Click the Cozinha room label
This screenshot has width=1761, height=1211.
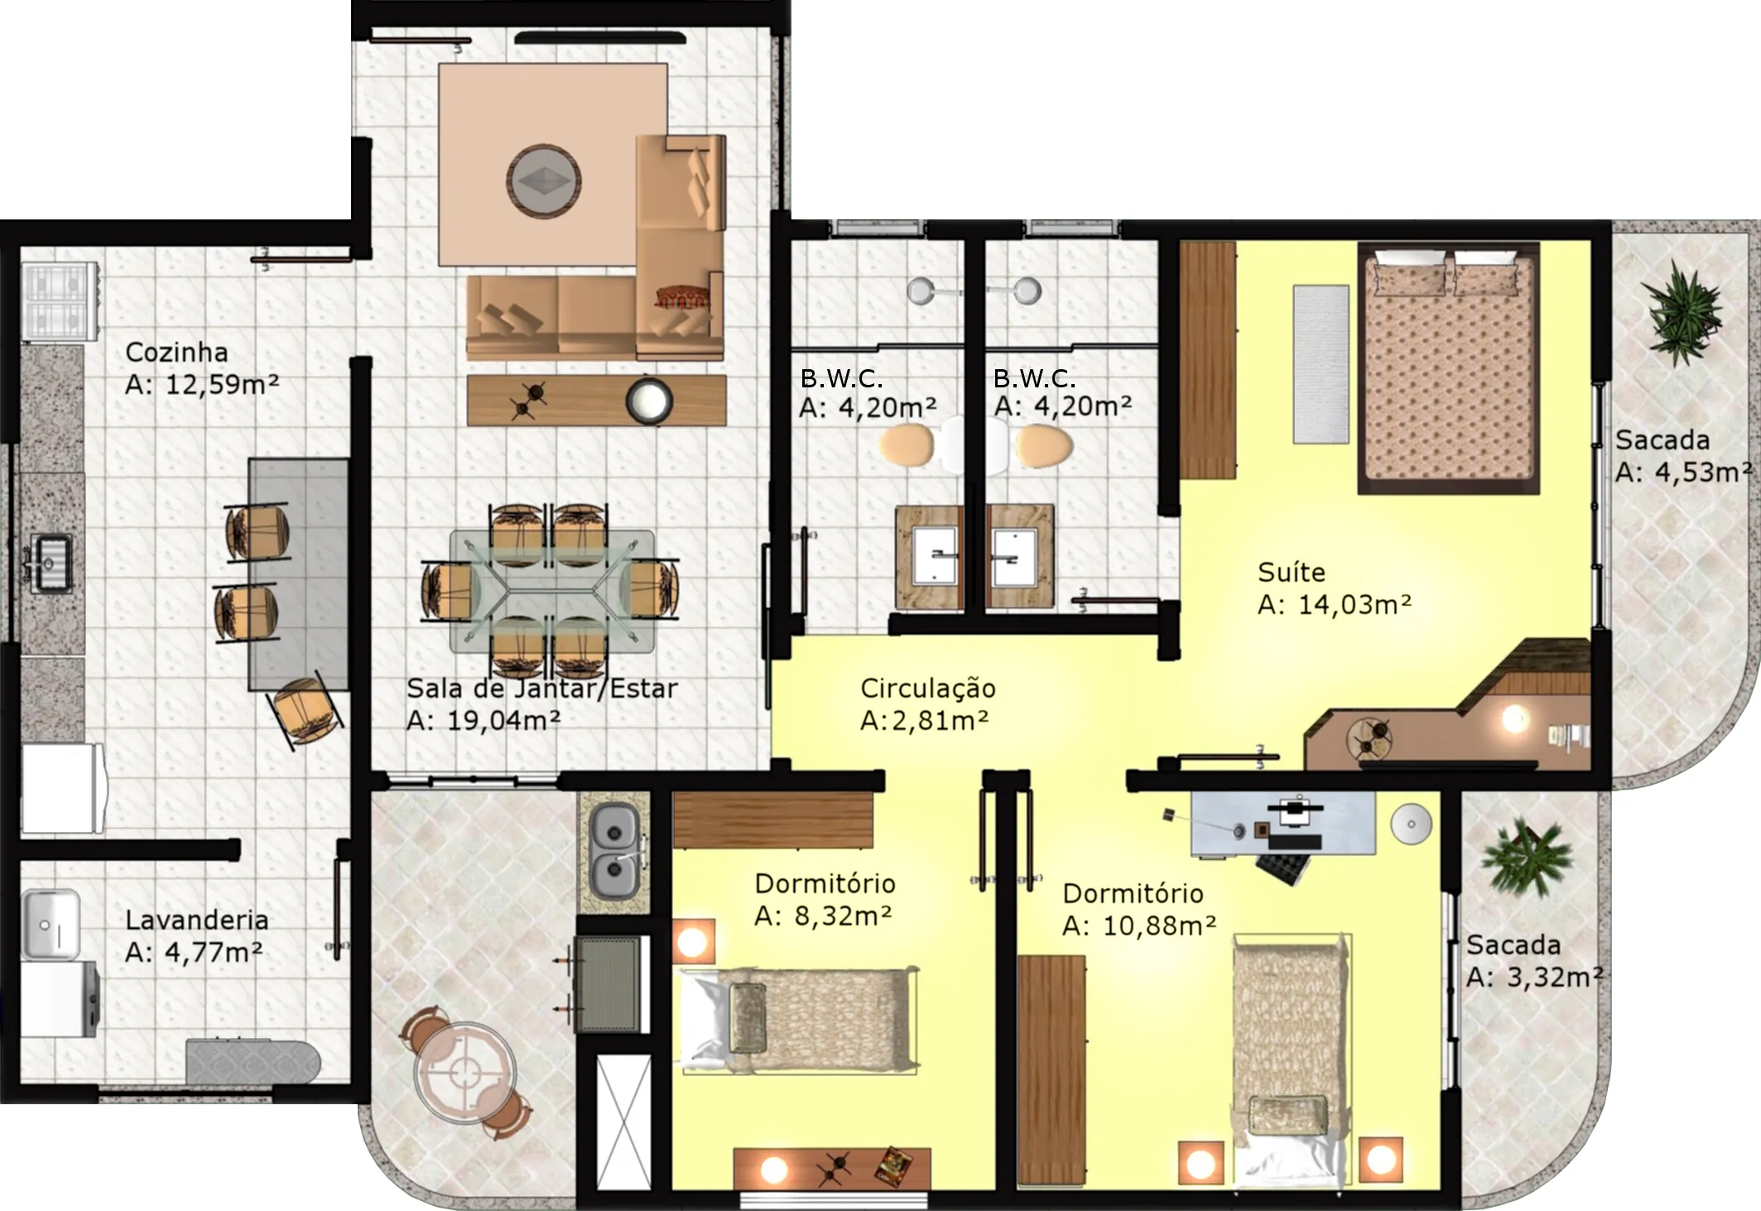[176, 353]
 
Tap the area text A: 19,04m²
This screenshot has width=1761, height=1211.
[484, 721]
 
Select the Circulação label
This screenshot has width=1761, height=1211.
[928, 689]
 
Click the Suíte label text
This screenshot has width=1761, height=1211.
[1291, 572]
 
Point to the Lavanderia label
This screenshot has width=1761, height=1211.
[196, 920]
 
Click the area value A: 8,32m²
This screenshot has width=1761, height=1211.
[823, 916]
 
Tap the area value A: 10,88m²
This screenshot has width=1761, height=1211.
[1139, 926]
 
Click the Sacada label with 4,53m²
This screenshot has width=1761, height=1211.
[1662, 440]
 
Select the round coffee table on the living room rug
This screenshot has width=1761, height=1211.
[543, 181]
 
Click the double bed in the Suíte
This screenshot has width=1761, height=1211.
[1448, 368]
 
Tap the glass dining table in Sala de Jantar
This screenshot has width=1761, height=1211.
[551, 590]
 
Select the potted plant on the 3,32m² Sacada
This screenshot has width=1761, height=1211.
[1527, 858]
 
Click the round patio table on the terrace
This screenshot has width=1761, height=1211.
[464, 1073]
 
